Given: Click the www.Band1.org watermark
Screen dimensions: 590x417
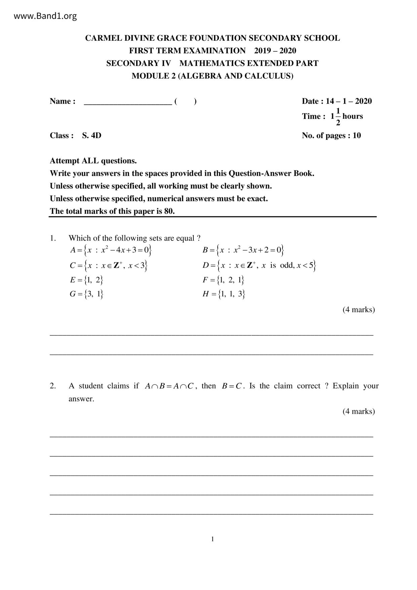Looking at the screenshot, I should coord(45,16).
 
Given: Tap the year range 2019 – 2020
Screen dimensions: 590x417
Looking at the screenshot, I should coord(275,51).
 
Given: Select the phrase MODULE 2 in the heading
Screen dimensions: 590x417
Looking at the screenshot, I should coord(153,76).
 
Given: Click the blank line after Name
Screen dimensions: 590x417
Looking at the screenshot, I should coord(128,102).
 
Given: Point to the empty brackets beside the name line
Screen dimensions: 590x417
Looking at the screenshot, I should coord(185,101).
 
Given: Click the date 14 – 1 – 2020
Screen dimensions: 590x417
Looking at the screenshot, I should coord(349,101).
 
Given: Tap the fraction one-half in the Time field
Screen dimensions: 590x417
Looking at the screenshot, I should coord(338,117).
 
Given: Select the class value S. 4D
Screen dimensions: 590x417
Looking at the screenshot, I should coord(91,136).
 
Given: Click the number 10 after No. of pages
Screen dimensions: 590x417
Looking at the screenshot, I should coord(356,136).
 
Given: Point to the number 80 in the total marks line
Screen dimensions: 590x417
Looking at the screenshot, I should coord(169,211).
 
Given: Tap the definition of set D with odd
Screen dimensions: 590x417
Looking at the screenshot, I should coord(259,265).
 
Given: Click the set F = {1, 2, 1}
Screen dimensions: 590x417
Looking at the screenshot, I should coord(223,280).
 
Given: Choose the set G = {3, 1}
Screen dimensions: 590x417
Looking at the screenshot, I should coord(86,294).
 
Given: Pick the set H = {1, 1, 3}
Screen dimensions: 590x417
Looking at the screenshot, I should coord(224,294).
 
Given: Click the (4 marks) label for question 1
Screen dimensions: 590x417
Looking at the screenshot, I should coord(358,309).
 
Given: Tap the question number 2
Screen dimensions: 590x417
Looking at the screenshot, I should coord(53,386).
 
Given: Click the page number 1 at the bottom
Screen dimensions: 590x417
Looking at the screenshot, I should coord(213,539).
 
